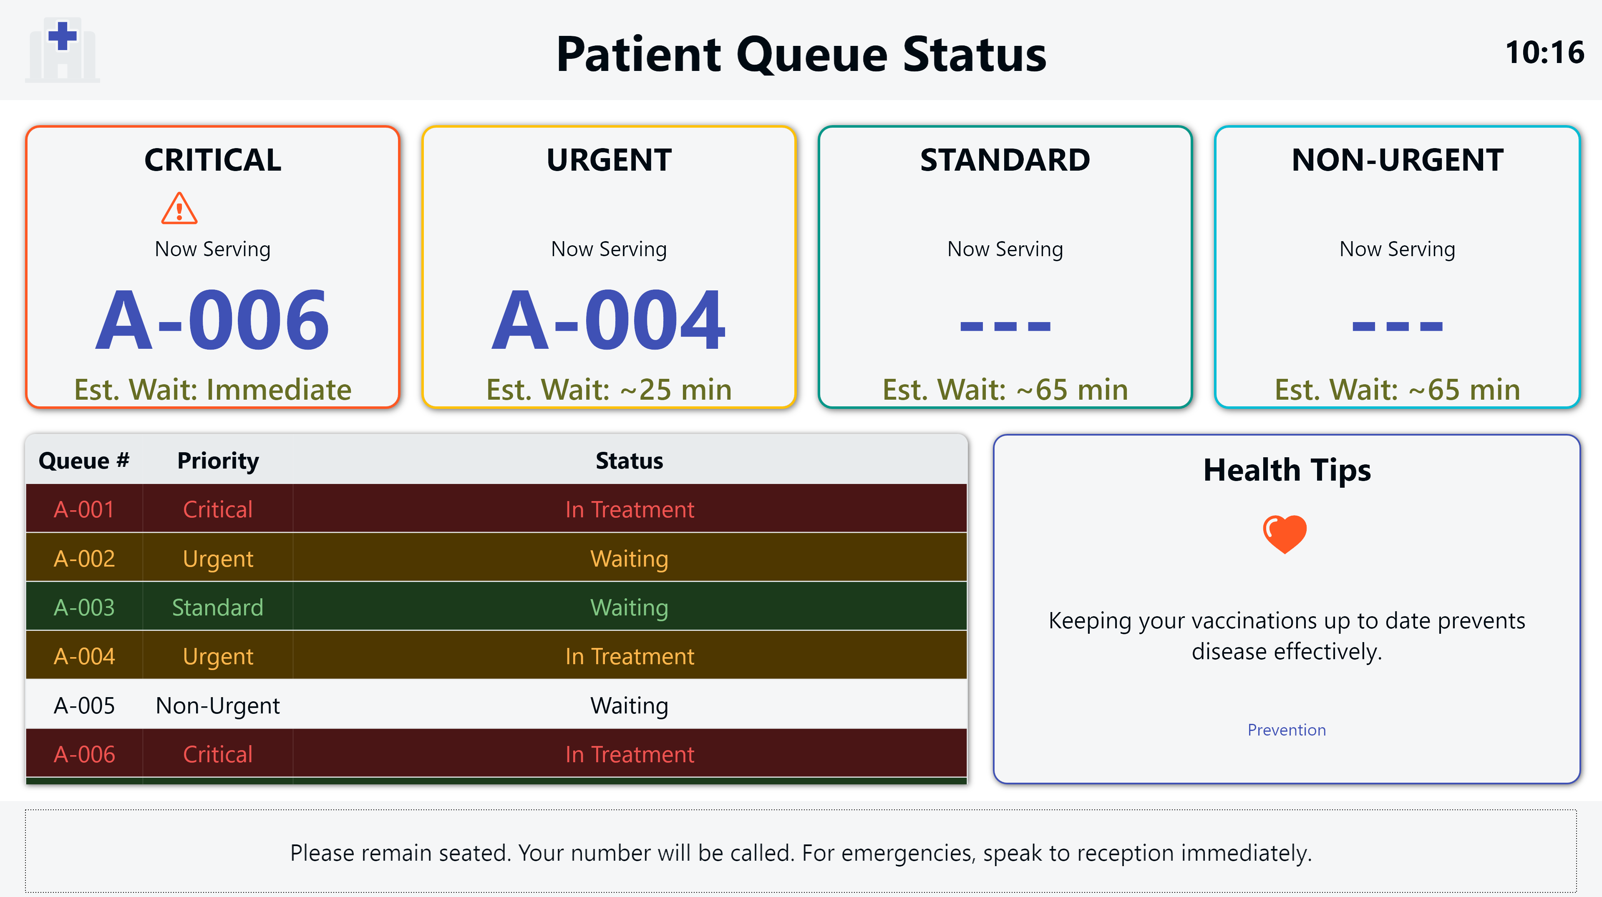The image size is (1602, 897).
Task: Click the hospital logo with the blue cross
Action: (62, 50)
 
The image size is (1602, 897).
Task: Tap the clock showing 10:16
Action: (1545, 52)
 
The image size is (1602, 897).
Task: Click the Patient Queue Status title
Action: (801, 54)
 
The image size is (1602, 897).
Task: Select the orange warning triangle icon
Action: (179, 208)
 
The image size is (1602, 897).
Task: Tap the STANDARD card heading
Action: (1005, 160)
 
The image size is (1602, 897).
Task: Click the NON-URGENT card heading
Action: (1398, 160)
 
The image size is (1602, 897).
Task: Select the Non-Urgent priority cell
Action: (218, 706)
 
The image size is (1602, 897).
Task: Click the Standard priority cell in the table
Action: (218, 607)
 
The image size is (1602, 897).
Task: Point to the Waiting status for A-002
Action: (630, 559)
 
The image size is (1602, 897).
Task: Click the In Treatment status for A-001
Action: (630, 509)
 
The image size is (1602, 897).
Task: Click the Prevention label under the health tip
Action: (1287, 730)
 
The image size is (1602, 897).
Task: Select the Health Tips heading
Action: (1287, 470)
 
